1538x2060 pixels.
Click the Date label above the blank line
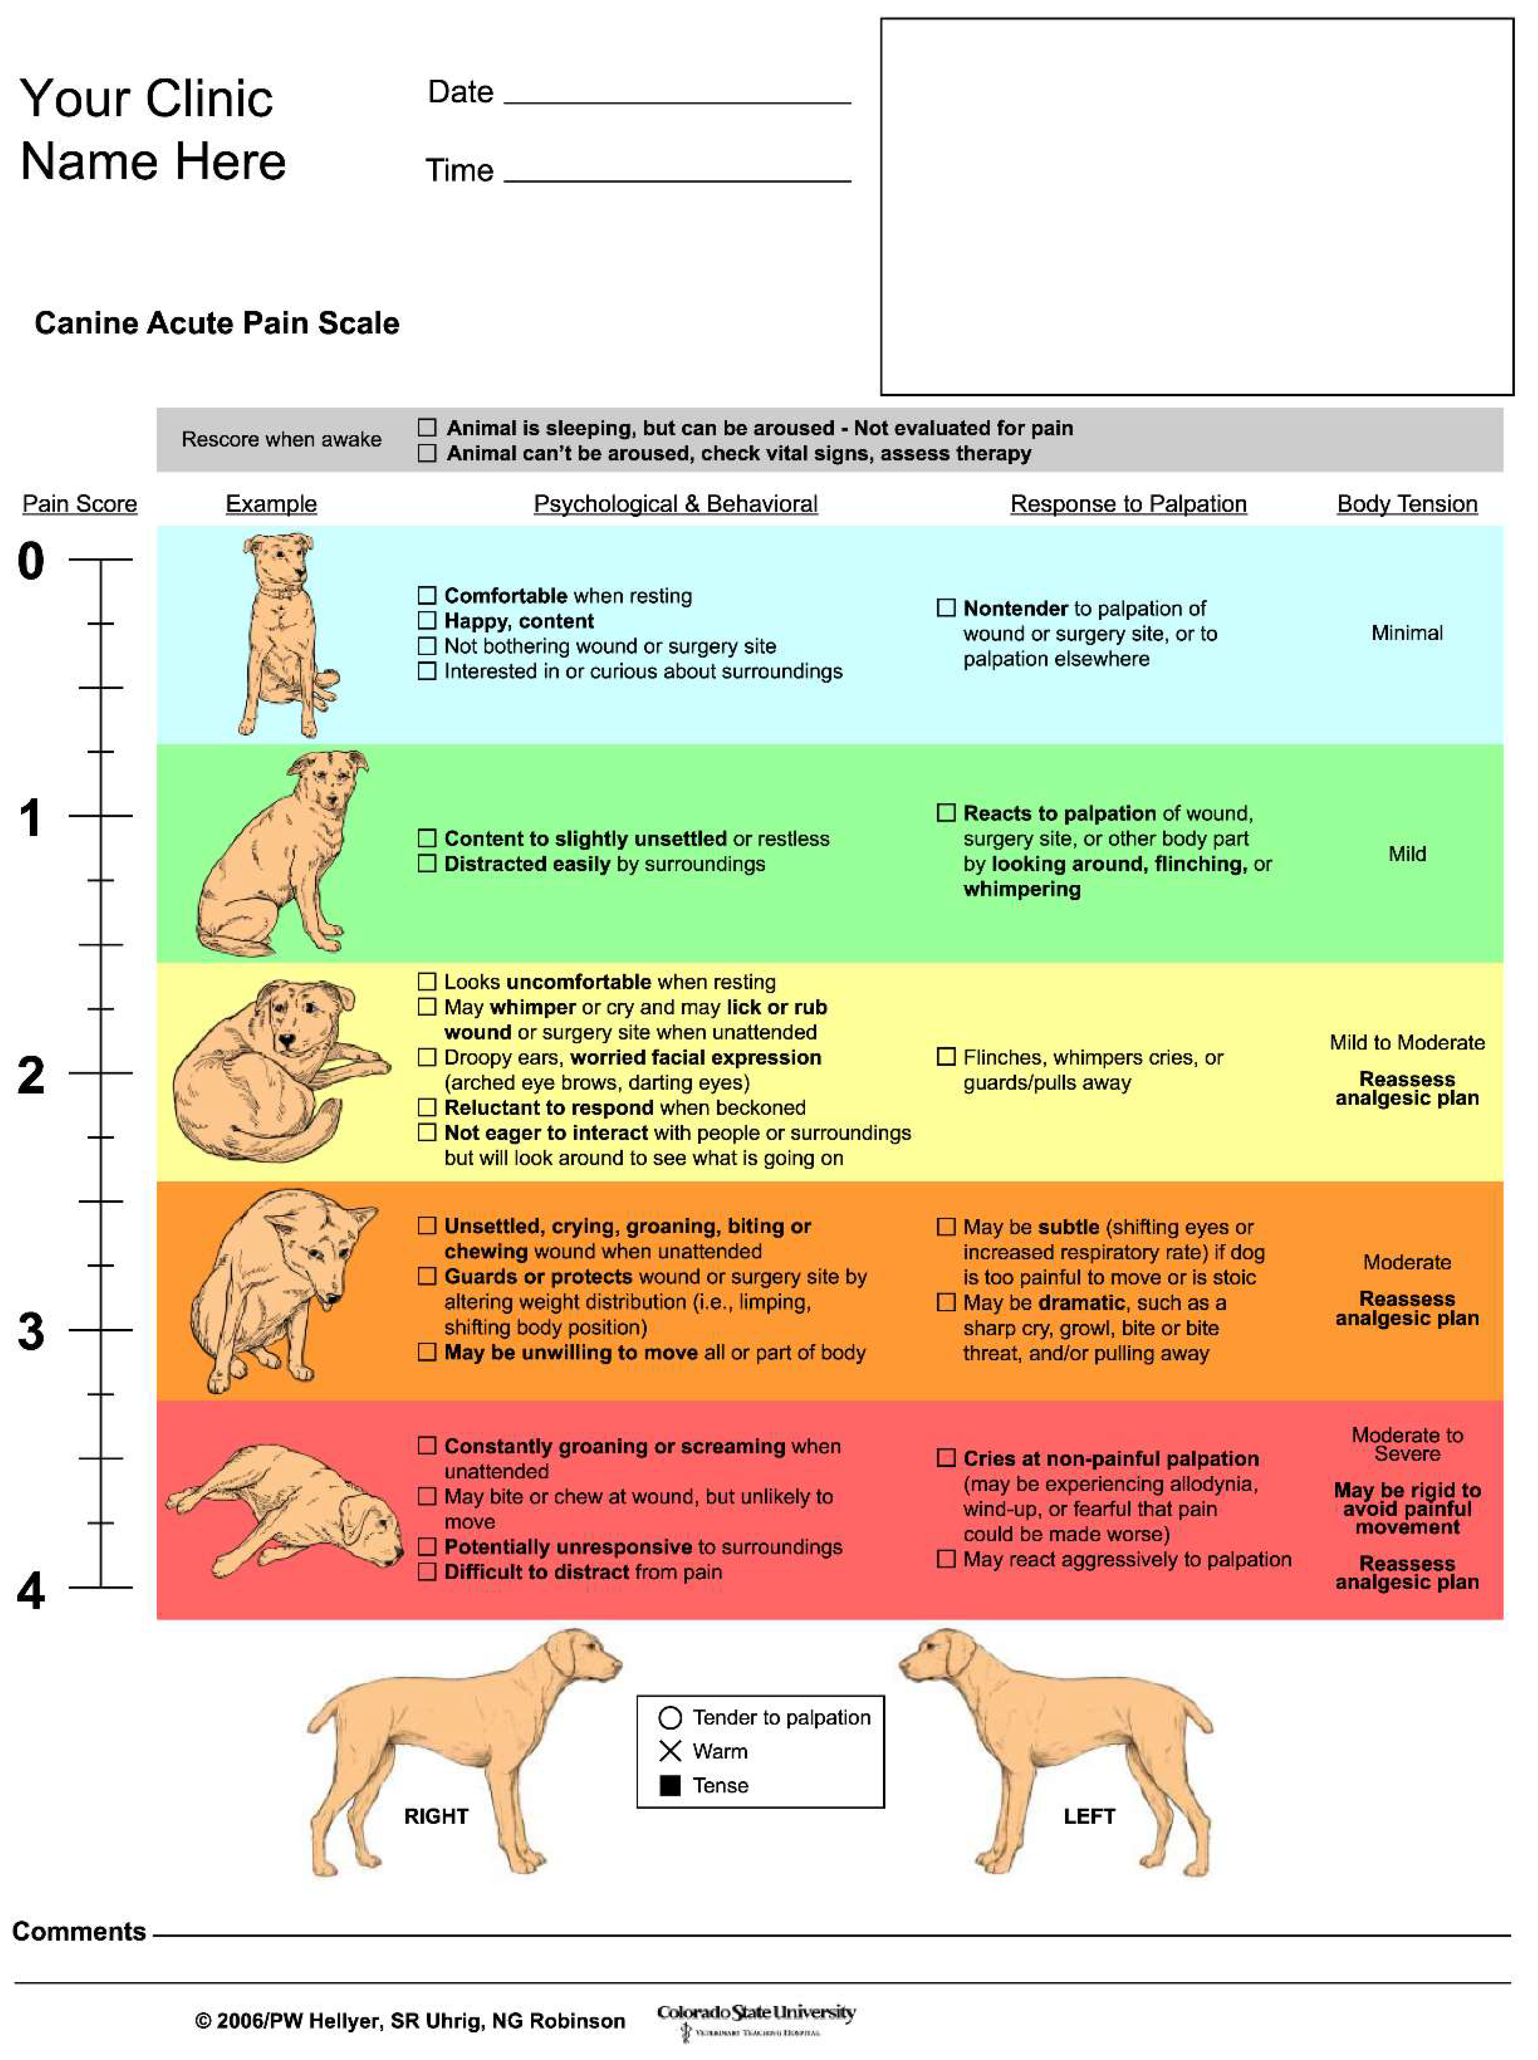point(460,92)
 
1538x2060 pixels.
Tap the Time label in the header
point(459,171)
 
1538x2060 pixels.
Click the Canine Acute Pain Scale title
point(217,323)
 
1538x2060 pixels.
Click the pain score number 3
point(31,1332)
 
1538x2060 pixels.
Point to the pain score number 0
point(31,562)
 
